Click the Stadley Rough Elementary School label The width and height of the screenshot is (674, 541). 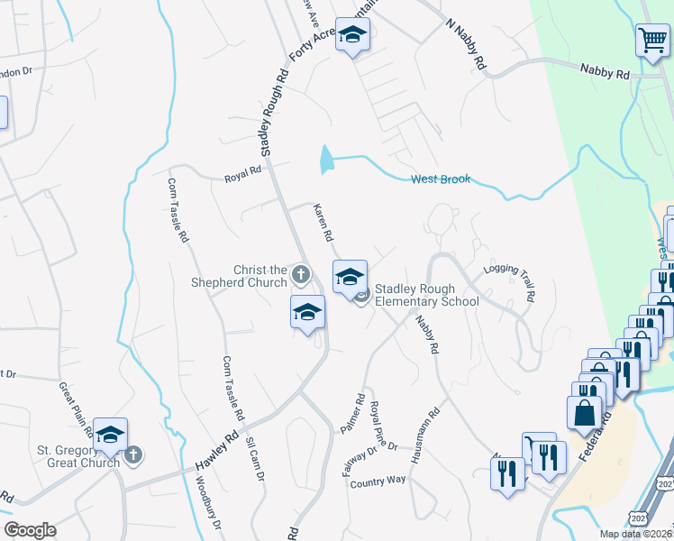tap(426, 295)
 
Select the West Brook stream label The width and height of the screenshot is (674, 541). tap(441, 179)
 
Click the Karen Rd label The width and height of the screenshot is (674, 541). tap(323, 223)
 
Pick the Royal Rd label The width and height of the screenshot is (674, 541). tap(242, 171)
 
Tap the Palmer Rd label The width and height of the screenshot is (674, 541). tap(352, 414)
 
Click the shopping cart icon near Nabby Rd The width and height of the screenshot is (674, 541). tap(652, 40)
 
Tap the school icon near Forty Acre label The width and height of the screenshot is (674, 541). tap(352, 35)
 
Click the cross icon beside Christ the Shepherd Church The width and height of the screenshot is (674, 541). tap(301, 272)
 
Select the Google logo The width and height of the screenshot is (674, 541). tap(30, 530)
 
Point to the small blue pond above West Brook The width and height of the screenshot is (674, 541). tap(325, 160)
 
